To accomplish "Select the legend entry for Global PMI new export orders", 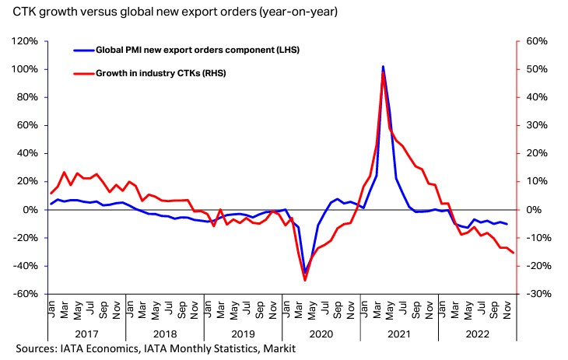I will point(197,50).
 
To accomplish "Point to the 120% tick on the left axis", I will point(23,41).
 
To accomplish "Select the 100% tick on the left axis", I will point(23,69).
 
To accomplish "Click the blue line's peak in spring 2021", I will point(383,67).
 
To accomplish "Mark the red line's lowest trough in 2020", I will point(304,280).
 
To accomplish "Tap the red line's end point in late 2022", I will point(513,253).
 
